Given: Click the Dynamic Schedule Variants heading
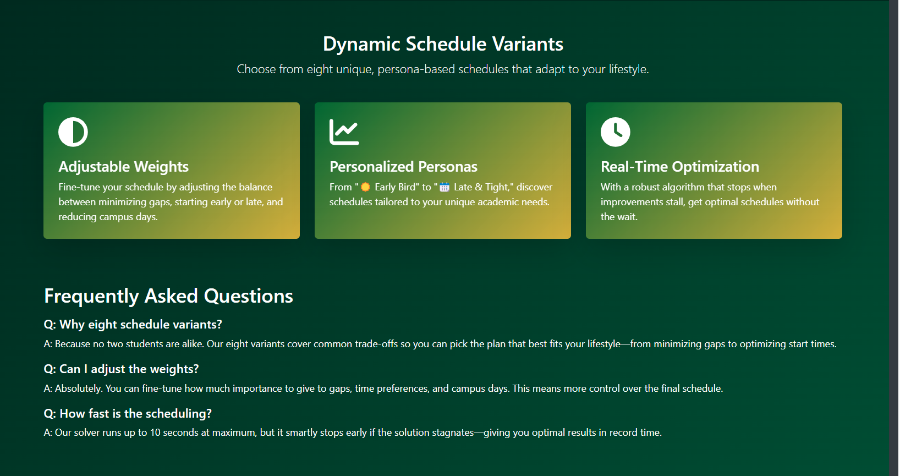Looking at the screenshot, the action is coord(443,44).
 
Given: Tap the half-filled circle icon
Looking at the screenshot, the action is coord(73,132).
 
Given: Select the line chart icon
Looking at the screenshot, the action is coord(344,132).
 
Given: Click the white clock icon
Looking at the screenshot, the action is coord(615,132).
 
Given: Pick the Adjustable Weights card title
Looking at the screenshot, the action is coord(123,166).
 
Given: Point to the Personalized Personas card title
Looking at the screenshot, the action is coord(403,166).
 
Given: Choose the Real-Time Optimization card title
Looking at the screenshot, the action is coord(680,166).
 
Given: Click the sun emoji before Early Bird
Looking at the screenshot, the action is coord(365,187).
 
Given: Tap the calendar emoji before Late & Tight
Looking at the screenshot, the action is coord(444,187).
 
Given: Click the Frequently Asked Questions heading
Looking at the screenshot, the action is coord(168,296).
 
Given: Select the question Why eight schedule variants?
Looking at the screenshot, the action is coord(133,325).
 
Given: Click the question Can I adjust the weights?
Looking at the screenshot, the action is coord(121,369).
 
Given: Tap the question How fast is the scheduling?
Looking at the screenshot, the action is coord(128,413).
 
